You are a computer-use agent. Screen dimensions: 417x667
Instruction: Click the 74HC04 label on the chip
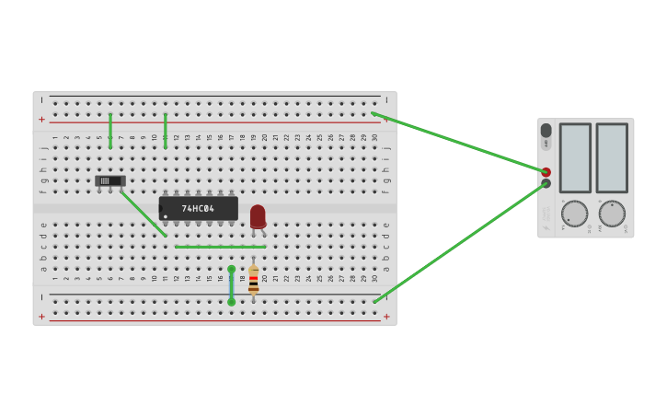tap(198, 209)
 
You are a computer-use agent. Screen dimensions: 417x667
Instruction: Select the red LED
tap(258, 216)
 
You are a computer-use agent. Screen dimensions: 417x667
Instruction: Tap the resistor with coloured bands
tap(253, 282)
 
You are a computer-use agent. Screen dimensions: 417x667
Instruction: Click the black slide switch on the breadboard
tap(109, 181)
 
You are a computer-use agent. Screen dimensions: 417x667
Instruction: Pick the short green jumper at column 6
tap(110, 131)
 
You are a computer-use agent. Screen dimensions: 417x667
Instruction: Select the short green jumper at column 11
tap(166, 131)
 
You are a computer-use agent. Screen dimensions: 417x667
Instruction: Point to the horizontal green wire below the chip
tap(220, 247)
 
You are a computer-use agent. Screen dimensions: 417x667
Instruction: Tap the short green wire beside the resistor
tap(231, 285)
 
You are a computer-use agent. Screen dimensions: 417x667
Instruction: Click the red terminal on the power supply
tap(546, 172)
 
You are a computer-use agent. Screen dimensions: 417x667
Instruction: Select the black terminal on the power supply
tap(546, 184)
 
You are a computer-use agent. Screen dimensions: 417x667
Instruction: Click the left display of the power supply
tap(575, 157)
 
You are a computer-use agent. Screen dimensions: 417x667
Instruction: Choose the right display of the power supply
tap(611, 157)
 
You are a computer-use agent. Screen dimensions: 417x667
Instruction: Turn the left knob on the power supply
tap(574, 214)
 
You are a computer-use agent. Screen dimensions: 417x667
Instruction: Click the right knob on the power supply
tap(612, 214)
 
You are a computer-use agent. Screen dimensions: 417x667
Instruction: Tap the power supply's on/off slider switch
tap(546, 131)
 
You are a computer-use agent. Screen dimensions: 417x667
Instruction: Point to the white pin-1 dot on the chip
tap(166, 217)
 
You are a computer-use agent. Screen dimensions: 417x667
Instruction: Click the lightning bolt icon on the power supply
tap(546, 144)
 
